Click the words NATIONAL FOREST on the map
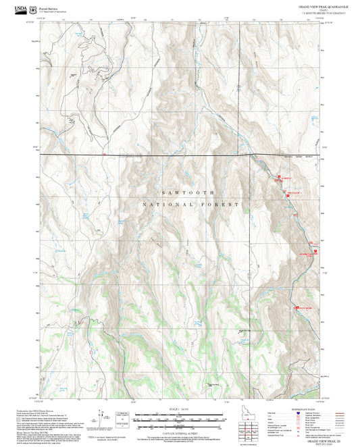coord(190,204)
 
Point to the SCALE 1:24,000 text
coord(180,409)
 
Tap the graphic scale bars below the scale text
coord(180,419)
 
